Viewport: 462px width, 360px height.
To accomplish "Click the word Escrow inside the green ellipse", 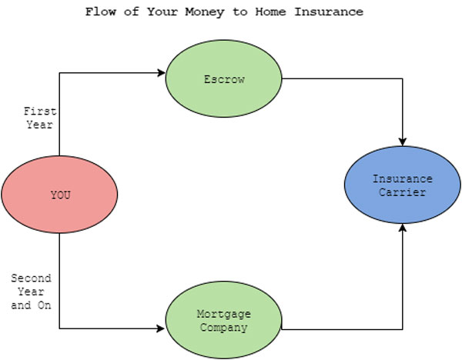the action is point(224,79).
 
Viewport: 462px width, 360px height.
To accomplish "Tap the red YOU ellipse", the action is point(59,195).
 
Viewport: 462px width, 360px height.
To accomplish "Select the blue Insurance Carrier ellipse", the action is point(403,185).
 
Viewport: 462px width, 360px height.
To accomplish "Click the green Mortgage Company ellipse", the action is point(223,320).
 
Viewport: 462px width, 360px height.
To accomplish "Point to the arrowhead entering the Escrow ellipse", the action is point(162,73).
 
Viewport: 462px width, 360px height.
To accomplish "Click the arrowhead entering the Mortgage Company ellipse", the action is point(161,328).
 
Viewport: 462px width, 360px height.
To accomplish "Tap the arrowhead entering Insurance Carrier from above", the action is point(403,142).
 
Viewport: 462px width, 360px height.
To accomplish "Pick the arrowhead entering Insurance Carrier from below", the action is point(403,228).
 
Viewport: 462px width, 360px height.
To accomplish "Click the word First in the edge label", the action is point(40,112).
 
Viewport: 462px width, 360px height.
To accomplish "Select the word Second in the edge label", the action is point(32,278).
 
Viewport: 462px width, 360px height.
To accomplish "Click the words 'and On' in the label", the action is point(32,305).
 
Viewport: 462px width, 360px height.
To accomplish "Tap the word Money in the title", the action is point(205,12).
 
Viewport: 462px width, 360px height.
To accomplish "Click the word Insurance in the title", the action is point(329,12).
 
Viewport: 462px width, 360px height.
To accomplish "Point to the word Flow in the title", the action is point(100,12).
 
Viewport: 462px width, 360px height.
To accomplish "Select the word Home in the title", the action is point(270,12).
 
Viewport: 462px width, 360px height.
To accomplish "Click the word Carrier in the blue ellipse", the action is point(403,192).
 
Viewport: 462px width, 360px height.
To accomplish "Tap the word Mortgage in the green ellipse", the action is point(224,314).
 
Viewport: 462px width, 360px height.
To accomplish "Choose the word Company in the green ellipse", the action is point(224,328).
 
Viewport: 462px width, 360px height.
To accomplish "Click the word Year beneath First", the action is point(40,125).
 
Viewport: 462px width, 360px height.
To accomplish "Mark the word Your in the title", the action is point(162,12).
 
